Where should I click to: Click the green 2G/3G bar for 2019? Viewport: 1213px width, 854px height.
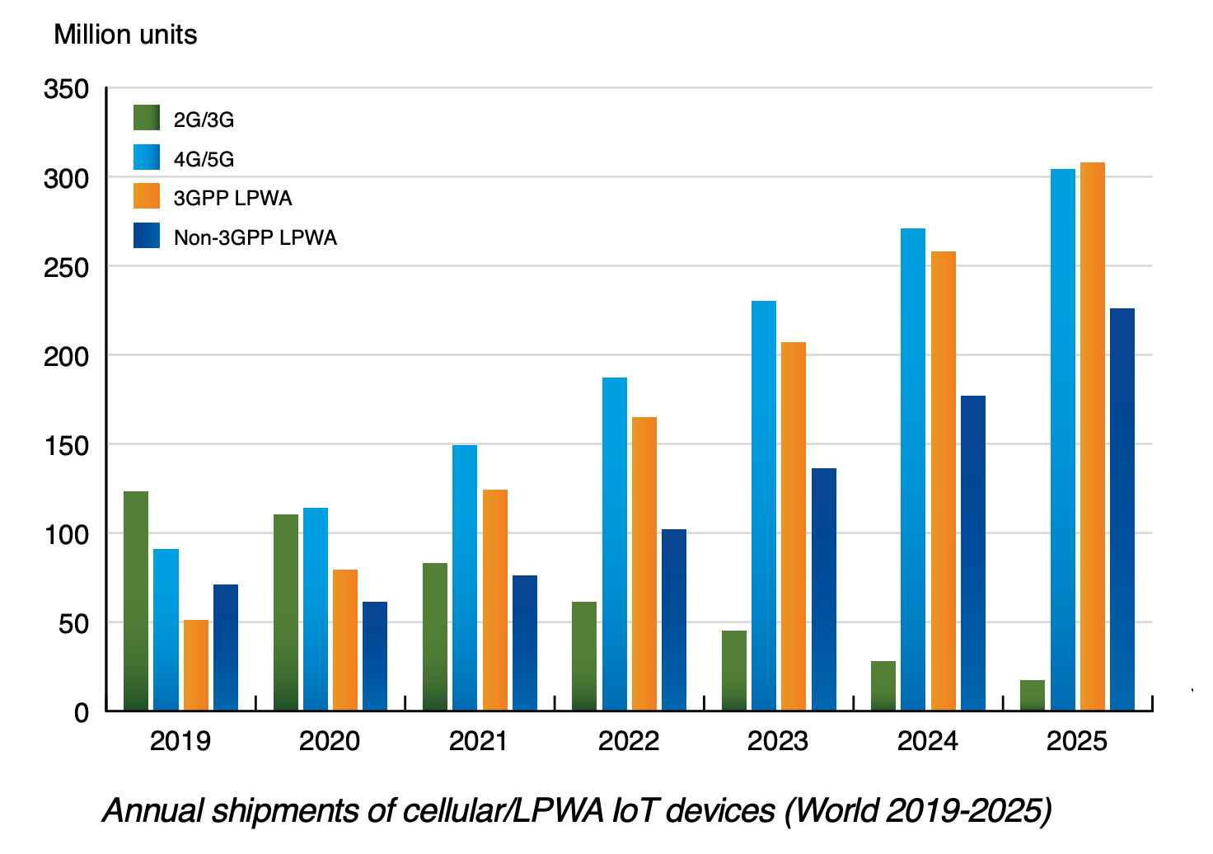[x=136, y=601]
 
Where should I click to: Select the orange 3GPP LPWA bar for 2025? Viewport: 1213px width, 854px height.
[x=1093, y=437]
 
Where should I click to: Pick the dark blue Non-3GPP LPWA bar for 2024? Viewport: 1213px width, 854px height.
[x=973, y=553]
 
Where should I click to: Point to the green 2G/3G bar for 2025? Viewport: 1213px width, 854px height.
[x=1033, y=695]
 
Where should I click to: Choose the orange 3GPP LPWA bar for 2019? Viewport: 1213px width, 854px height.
[x=196, y=665]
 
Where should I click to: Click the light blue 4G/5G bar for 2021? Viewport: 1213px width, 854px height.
[x=465, y=578]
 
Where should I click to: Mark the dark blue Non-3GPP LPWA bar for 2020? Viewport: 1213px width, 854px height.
[x=375, y=656]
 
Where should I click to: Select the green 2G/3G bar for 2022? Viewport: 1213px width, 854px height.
[x=584, y=656]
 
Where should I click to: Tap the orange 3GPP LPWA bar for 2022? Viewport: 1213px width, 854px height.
[x=644, y=564]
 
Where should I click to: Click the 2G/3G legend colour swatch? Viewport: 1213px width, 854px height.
[x=147, y=118]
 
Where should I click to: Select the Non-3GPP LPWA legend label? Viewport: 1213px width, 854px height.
[x=255, y=238]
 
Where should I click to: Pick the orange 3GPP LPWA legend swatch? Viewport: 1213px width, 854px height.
[x=147, y=196]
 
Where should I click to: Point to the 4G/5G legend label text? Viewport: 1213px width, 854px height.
[x=204, y=159]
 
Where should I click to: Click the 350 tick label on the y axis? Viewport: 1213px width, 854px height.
[x=67, y=89]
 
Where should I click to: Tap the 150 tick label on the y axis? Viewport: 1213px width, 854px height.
[x=67, y=445]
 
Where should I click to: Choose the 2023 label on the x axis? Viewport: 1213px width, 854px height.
[x=778, y=741]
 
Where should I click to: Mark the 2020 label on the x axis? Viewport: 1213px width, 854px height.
[x=330, y=741]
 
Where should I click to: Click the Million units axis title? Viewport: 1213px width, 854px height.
[x=125, y=35]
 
